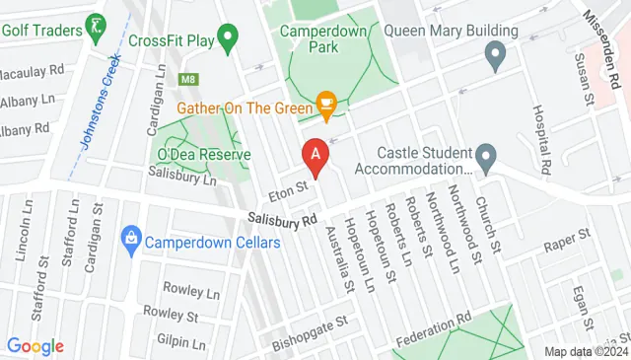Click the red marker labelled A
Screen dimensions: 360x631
tap(315, 155)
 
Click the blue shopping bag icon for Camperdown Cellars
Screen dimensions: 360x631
tap(129, 238)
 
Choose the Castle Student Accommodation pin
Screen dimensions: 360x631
tap(485, 156)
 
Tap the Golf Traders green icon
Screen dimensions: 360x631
tap(95, 28)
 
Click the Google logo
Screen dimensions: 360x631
tap(35, 346)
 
